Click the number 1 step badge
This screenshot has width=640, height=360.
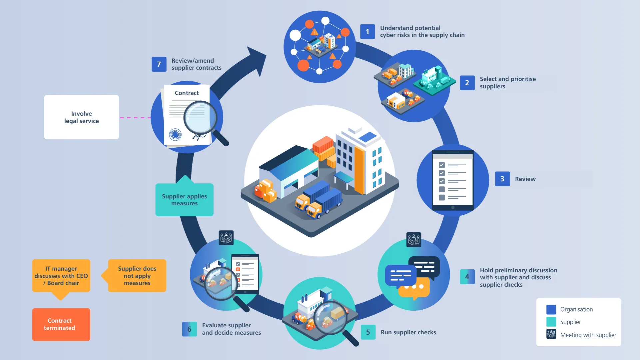tap(367, 32)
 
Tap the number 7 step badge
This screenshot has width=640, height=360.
tap(159, 64)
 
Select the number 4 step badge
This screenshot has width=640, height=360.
tap(467, 277)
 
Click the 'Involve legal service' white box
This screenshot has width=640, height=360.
tap(81, 117)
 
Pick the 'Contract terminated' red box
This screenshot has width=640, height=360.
tap(61, 324)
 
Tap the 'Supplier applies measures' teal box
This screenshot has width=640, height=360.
tap(184, 200)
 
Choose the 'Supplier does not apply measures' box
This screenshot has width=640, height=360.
tap(137, 276)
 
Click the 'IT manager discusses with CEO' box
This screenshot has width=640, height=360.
tap(61, 276)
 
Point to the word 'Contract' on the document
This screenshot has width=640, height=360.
tap(187, 93)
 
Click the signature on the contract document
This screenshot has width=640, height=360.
tap(199, 136)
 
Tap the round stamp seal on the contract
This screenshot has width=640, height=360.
tap(175, 135)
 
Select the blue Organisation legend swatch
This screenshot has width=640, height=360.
tap(551, 309)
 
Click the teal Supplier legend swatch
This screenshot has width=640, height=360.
tap(551, 322)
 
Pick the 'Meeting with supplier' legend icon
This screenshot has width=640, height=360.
tap(551, 334)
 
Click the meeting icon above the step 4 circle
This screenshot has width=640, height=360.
tap(413, 240)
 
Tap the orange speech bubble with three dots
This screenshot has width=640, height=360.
tap(414, 289)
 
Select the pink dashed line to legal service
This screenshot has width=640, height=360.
tap(135, 118)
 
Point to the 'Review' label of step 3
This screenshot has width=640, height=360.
tap(525, 179)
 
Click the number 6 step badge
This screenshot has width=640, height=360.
tap(189, 329)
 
